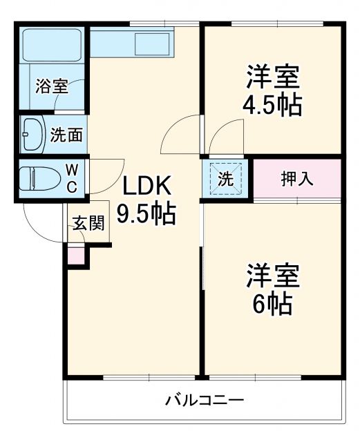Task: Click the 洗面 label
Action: coord(66,134)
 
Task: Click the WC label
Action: coord(72,178)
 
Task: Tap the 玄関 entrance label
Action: coord(88,222)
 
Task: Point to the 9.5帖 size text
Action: coord(145,214)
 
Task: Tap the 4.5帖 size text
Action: coord(272,104)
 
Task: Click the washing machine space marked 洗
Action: coord(226,177)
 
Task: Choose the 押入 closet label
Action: coord(297,177)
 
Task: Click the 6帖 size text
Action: coord(272,303)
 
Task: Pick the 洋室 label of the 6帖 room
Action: coord(272,275)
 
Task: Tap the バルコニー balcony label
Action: coord(204,400)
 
